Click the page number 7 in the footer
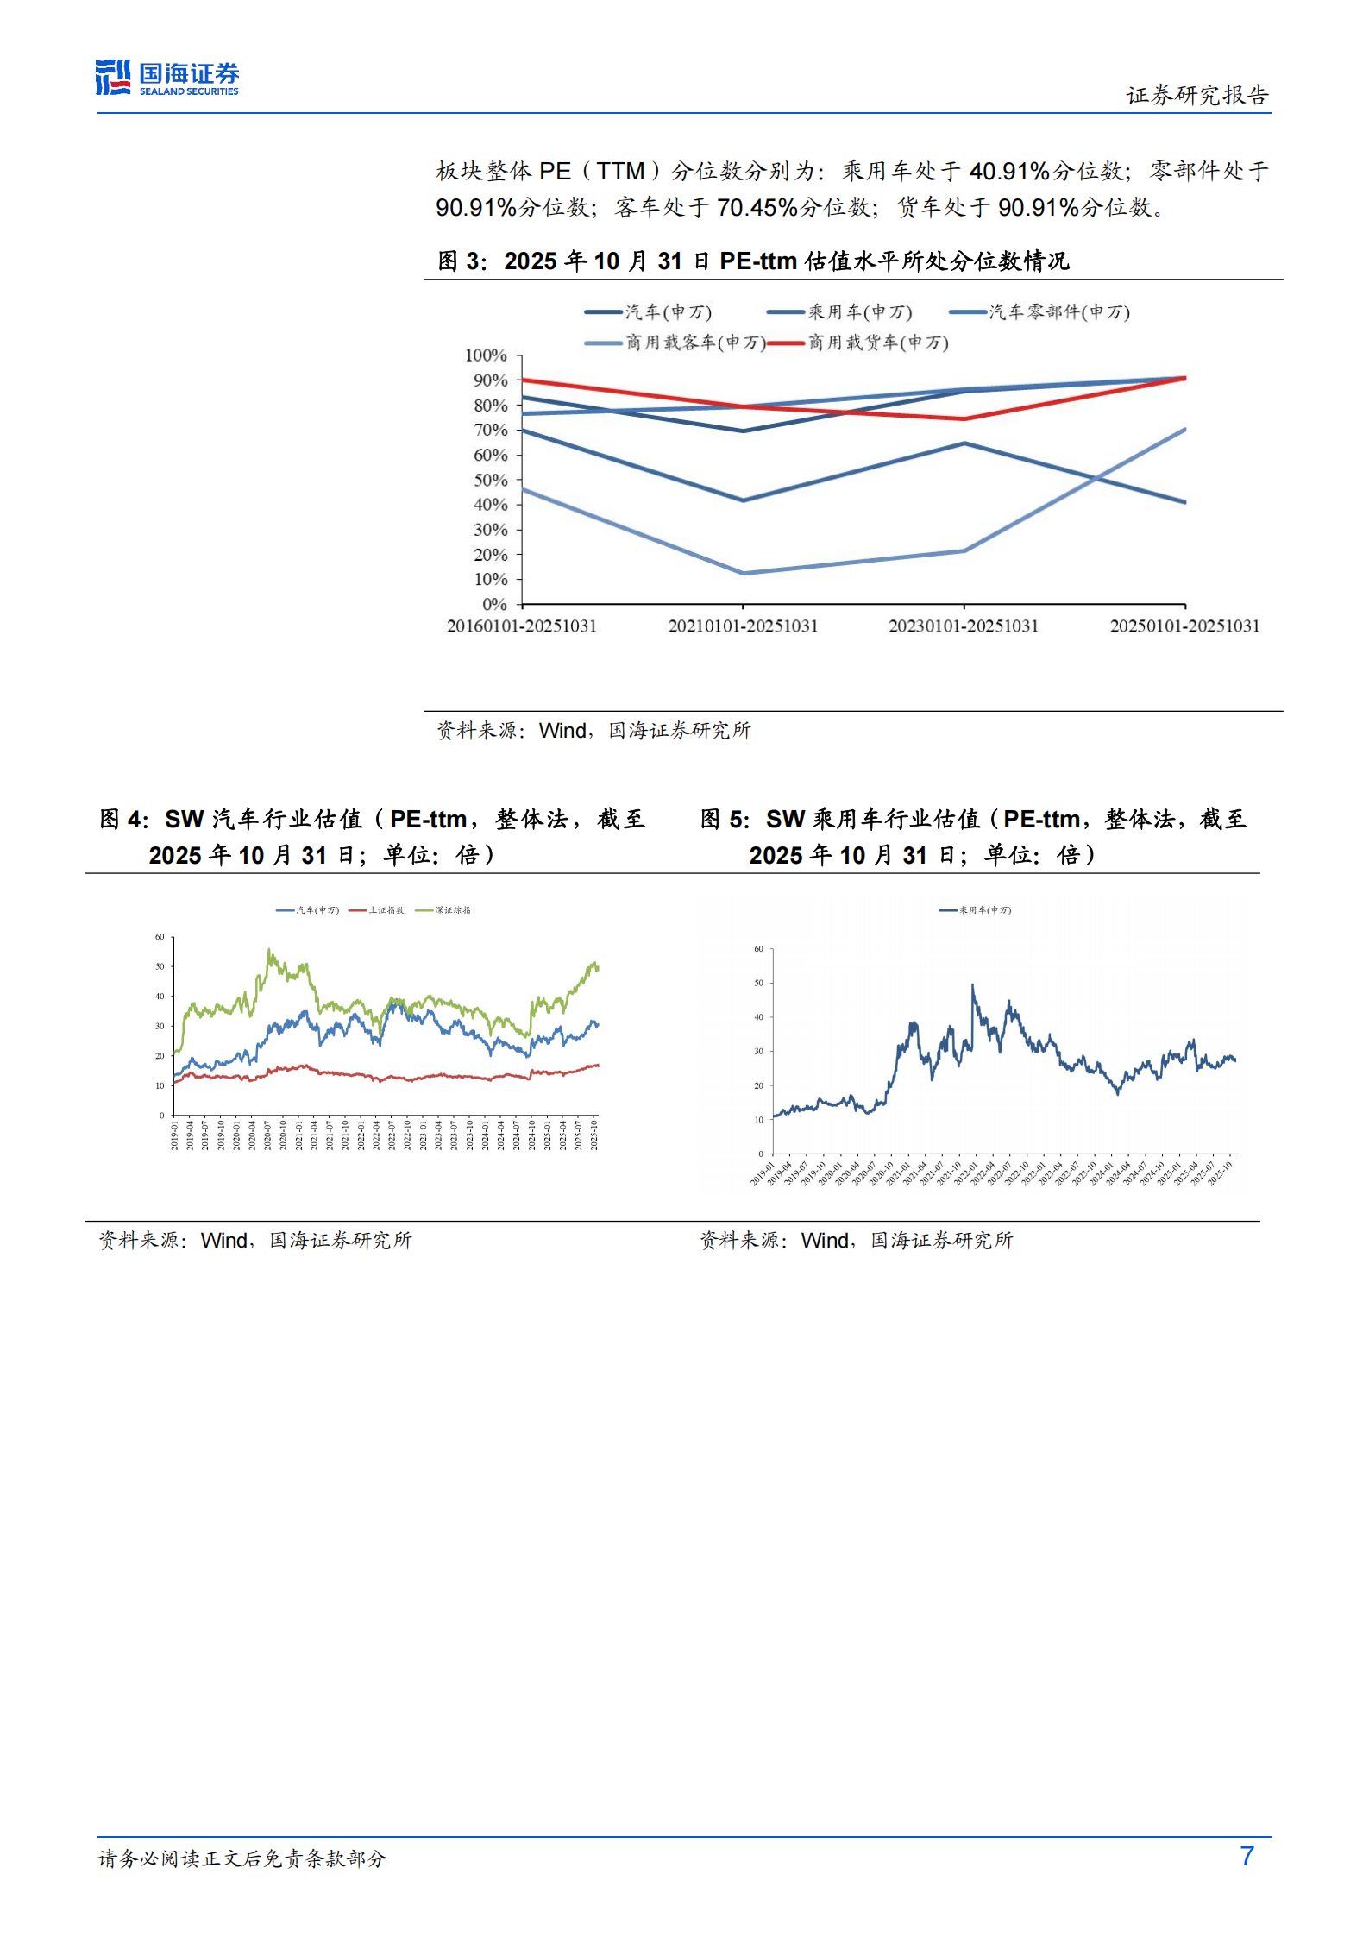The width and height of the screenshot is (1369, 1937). coord(1246,1856)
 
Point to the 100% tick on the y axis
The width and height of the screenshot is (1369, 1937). coord(486,355)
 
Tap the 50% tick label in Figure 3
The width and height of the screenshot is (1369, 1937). coord(490,480)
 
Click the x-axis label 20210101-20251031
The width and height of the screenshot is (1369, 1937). coord(743,626)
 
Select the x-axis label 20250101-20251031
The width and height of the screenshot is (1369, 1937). coord(1184,626)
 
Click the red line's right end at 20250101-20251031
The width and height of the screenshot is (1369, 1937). coord(1184,378)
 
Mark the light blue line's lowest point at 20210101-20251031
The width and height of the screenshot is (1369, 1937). coord(744,573)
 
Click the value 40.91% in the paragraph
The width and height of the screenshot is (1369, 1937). coord(1008,171)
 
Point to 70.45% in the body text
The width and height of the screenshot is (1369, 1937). coord(757,207)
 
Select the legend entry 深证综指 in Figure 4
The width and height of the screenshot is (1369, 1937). coord(452,909)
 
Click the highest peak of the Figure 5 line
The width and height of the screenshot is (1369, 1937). coord(972,984)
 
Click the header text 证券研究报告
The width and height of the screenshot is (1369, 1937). coord(1196,95)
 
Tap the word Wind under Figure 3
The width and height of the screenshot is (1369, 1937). coord(562,730)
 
